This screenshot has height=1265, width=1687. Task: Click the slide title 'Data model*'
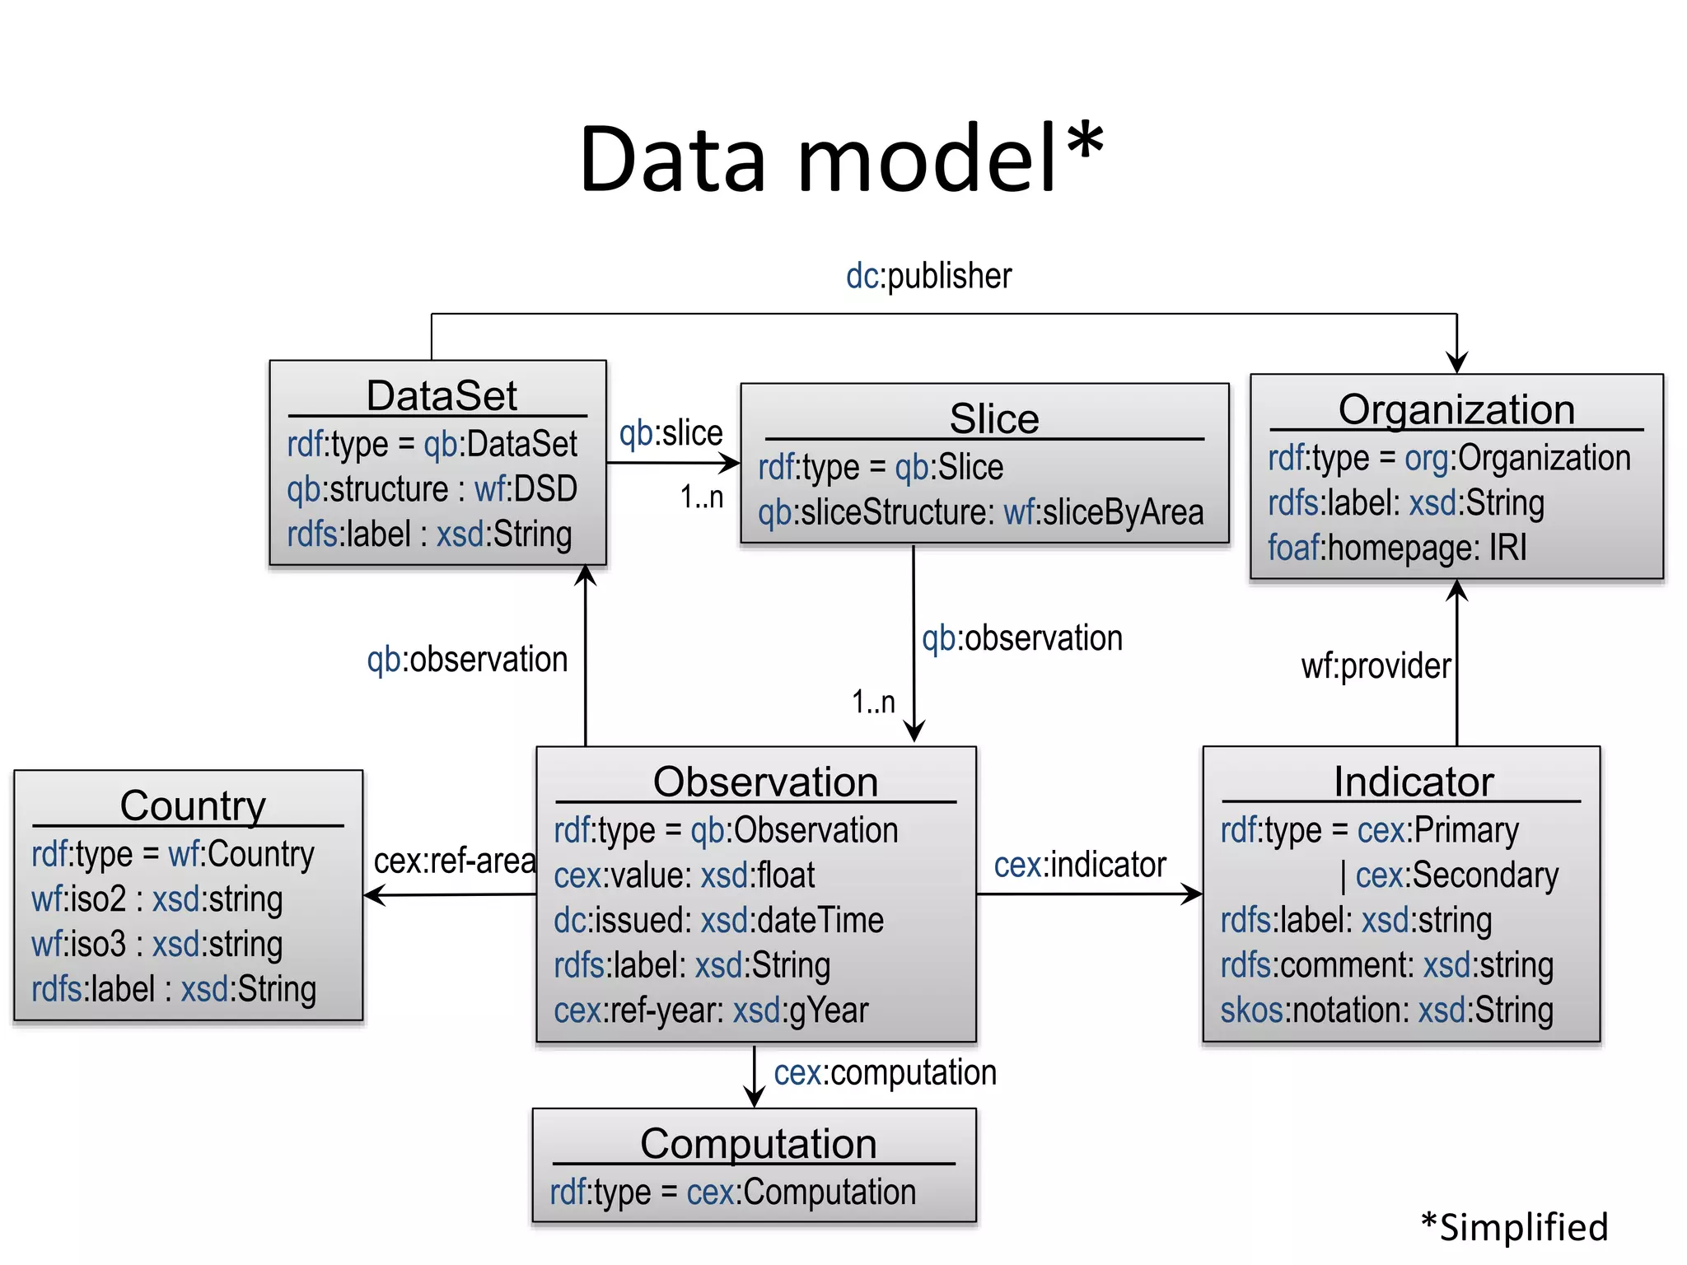click(x=840, y=159)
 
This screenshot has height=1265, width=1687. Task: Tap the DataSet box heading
click(x=442, y=396)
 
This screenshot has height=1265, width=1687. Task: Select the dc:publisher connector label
click(x=928, y=277)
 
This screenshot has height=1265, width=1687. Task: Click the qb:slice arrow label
click(x=671, y=433)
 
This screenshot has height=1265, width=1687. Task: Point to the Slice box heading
click(x=993, y=419)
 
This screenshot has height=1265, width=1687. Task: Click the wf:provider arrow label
click(x=1376, y=666)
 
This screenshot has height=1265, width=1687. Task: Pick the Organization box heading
click(x=1456, y=410)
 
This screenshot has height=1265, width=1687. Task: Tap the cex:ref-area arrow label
click(x=455, y=861)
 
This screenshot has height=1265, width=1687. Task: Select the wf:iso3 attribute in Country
click(x=157, y=945)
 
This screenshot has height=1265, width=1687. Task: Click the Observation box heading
click(x=765, y=782)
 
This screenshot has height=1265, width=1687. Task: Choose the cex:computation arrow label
click(x=885, y=1073)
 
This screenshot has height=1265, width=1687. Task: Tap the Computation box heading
click(x=758, y=1145)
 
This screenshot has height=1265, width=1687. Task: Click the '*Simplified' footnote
click(x=1514, y=1227)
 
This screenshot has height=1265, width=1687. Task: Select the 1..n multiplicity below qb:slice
click(x=702, y=497)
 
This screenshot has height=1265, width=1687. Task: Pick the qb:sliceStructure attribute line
click(x=980, y=513)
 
